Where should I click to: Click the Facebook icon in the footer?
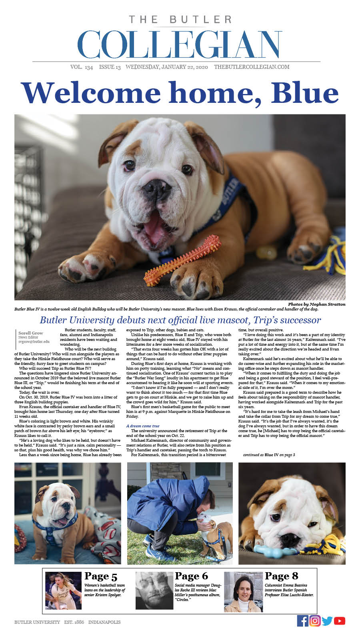coord(303,621)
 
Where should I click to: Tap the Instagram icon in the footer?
coord(315,621)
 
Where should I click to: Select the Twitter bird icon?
coord(327,621)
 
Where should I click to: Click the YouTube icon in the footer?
coord(339,621)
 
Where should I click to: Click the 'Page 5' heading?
coord(101,576)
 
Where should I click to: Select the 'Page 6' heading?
coord(191,576)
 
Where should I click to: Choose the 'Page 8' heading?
coord(281,576)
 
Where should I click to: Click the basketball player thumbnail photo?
coord(63,591)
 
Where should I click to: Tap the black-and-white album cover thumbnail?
coord(154,591)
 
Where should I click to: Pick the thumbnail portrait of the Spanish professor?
coord(243,591)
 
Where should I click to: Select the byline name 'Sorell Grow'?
coord(31,333)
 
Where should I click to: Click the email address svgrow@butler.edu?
coord(34,342)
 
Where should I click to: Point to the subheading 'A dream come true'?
coord(143,426)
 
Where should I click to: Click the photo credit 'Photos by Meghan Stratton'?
coord(316,304)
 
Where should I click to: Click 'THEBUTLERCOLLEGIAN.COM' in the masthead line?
coord(252,67)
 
